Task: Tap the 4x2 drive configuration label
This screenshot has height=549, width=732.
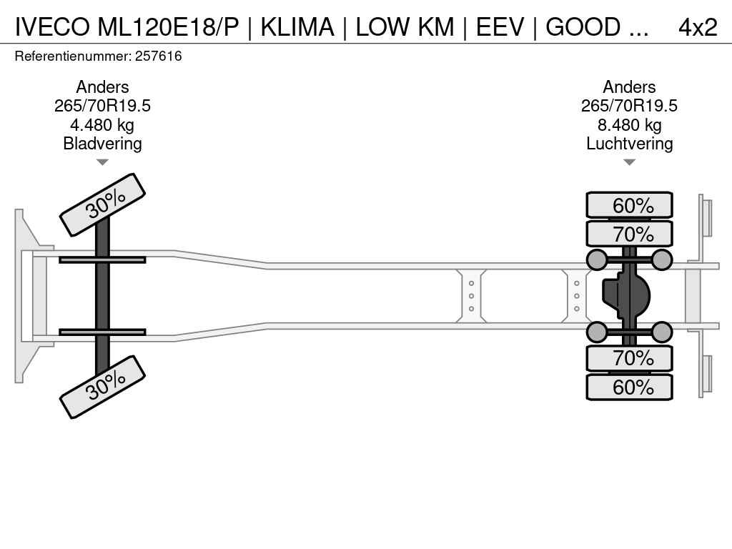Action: tap(697, 27)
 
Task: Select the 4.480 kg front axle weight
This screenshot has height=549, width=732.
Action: tap(102, 125)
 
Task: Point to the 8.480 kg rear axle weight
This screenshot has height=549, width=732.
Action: tap(629, 125)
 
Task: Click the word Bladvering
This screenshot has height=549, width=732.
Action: tap(102, 144)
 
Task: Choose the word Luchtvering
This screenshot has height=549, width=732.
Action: tap(629, 144)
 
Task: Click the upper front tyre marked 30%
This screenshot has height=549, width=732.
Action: tap(102, 204)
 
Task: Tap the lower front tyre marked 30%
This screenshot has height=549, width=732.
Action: tap(102, 387)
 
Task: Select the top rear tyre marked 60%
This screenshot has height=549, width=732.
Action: tap(629, 205)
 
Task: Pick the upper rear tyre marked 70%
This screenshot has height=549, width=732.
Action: tap(629, 234)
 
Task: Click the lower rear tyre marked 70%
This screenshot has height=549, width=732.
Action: tap(629, 358)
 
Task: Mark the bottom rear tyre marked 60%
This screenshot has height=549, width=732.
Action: tap(629, 387)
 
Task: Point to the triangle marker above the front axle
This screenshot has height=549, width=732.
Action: tap(102, 162)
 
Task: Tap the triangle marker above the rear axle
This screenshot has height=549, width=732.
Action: tap(629, 162)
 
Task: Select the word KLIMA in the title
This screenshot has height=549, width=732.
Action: tap(297, 27)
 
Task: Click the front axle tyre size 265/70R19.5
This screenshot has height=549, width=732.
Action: tap(102, 106)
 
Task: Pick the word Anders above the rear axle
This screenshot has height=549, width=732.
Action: tap(629, 87)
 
